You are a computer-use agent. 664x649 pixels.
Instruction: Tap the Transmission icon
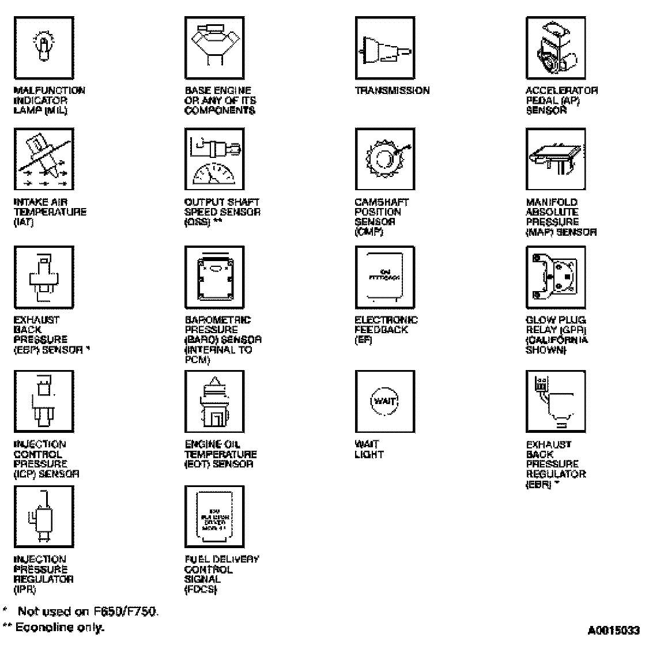384,48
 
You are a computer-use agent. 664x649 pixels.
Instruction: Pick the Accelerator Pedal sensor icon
555,48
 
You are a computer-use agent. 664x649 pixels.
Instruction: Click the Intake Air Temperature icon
44,159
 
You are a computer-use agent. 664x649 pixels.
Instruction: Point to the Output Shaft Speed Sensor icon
214,159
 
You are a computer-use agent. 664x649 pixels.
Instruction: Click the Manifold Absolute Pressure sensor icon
555,159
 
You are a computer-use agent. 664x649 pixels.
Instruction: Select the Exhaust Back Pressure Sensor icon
44,276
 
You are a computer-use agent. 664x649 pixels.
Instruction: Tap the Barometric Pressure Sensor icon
214,276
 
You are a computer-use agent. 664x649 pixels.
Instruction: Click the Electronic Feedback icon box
384,276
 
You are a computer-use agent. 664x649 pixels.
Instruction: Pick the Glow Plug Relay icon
555,276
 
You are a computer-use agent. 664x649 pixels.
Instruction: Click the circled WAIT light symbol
384,401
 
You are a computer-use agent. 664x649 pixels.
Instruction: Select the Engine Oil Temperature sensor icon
214,401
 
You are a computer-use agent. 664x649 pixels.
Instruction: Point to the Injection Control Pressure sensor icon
44,401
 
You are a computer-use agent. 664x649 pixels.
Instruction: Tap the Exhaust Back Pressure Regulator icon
555,401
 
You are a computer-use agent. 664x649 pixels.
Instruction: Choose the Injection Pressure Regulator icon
44,515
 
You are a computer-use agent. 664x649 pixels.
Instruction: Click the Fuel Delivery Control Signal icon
214,515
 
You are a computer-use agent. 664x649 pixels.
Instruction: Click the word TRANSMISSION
392,90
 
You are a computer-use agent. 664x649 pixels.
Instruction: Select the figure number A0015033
613,631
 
